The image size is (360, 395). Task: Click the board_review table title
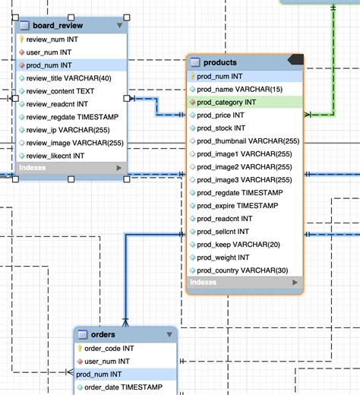click(54, 25)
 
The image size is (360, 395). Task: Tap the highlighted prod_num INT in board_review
click(49, 65)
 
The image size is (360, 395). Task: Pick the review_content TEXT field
click(62, 90)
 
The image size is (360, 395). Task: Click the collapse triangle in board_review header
click(118, 25)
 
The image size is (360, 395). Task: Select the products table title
click(220, 62)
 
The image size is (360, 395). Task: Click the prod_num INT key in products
click(221, 76)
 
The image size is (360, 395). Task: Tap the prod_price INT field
click(219, 115)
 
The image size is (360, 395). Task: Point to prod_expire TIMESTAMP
click(235, 205)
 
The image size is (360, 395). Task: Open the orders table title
click(103, 334)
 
